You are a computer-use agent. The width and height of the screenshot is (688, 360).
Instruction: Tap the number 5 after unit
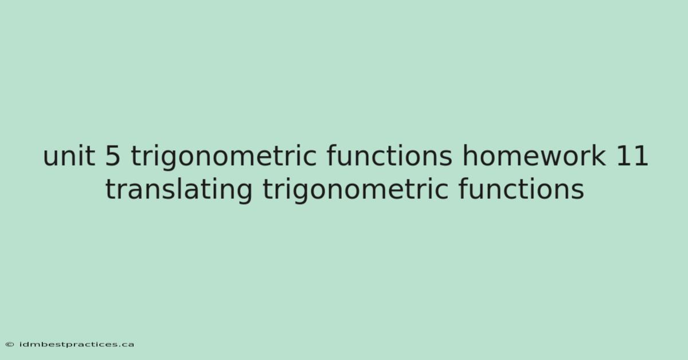[x=113, y=156]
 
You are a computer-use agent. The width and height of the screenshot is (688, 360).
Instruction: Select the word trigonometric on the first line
[x=224, y=158]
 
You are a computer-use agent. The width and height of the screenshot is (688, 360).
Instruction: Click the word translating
[x=179, y=191]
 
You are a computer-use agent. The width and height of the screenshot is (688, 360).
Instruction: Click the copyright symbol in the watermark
[x=10, y=345]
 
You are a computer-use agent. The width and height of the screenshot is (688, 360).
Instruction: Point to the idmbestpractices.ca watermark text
[x=76, y=345]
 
